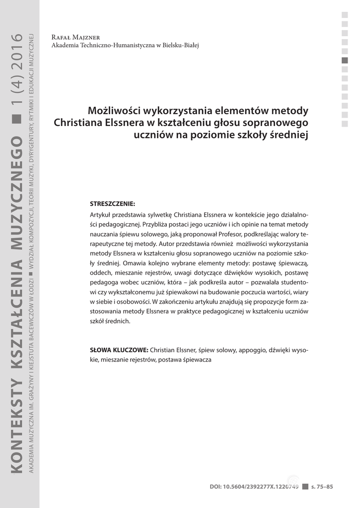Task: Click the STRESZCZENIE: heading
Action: pos(112,204)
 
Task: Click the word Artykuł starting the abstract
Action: pos(101,215)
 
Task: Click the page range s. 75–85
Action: pos(322,487)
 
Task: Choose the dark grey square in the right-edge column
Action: pos(345,61)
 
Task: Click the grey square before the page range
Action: pos(305,487)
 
